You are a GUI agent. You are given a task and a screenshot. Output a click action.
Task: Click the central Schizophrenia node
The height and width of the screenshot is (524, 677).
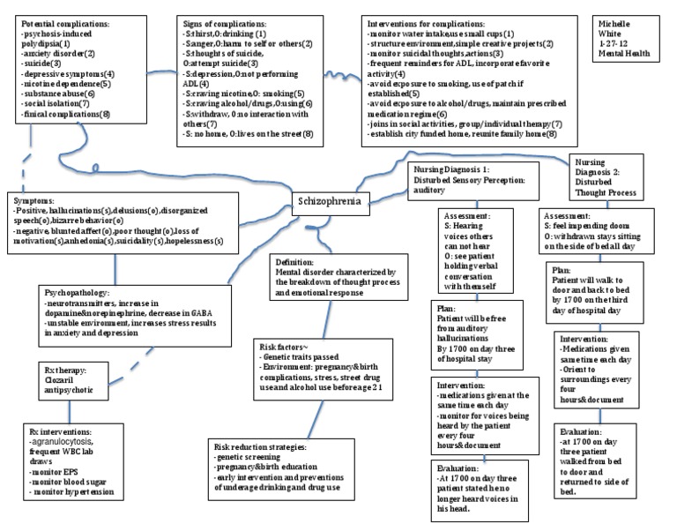click(328, 200)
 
